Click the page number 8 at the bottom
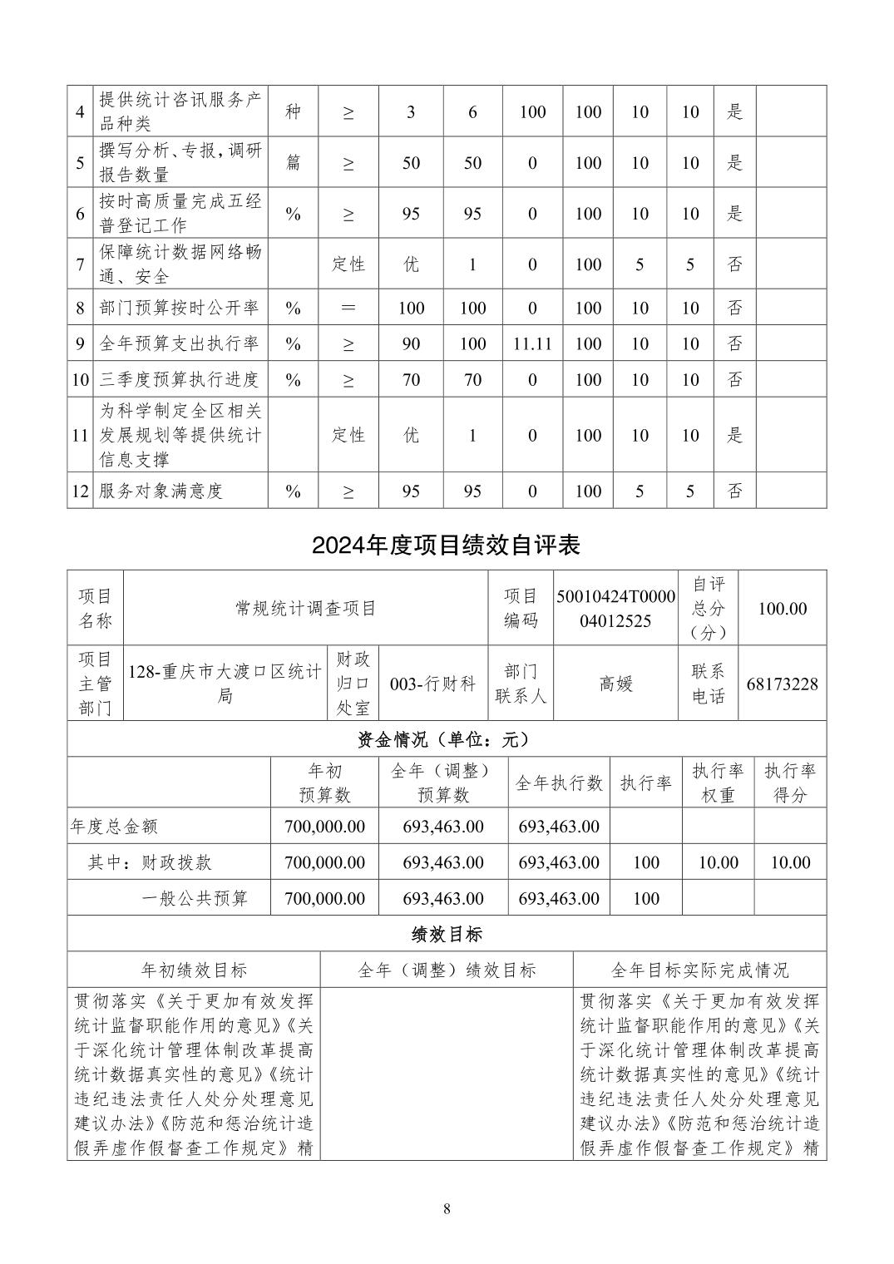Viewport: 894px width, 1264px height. (x=447, y=1208)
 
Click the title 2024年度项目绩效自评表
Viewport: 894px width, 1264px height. (x=446, y=546)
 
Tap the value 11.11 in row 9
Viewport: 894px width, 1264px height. (x=532, y=343)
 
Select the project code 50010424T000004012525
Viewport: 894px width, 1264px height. (x=615, y=608)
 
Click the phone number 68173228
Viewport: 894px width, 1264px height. (x=782, y=684)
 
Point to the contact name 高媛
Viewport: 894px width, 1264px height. (x=615, y=684)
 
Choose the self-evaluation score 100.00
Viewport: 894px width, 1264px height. (x=782, y=608)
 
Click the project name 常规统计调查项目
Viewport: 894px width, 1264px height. (x=305, y=608)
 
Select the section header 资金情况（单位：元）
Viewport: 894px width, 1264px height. (x=446, y=738)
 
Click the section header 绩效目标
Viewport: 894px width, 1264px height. (x=446, y=934)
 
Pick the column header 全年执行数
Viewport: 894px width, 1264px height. (x=559, y=783)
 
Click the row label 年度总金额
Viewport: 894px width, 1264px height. (x=114, y=827)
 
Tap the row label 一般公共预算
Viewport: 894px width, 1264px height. (x=195, y=898)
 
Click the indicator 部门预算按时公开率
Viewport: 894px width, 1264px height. (x=178, y=308)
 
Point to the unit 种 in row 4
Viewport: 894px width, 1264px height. (x=293, y=111)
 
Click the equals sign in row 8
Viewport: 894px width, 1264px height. (x=348, y=308)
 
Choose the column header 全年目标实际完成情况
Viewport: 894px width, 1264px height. (x=699, y=970)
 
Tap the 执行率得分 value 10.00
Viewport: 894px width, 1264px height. (x=789, y=862)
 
